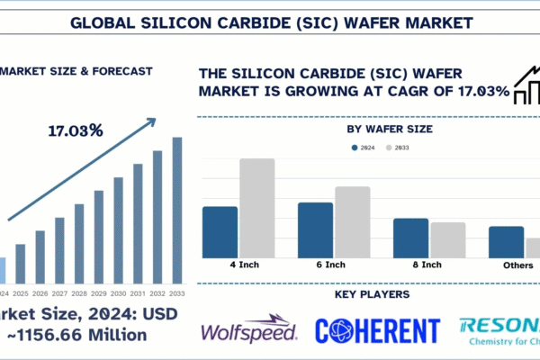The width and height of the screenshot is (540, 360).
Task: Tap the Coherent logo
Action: (378, 330)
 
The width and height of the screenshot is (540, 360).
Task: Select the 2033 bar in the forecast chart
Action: (177, 210)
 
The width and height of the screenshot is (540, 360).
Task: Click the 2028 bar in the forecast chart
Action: (79, 243)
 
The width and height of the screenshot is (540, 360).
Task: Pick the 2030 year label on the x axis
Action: (119, 292)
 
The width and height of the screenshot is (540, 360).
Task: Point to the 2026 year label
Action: (40, 292)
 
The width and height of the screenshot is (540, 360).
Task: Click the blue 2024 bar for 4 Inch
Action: (220, 232)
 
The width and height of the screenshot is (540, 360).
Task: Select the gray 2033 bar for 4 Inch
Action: (256, 208)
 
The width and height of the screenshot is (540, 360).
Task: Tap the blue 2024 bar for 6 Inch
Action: (316, 229)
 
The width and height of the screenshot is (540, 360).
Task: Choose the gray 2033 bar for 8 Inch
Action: (448, 239)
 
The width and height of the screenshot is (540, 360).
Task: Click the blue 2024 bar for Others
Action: (506, 241)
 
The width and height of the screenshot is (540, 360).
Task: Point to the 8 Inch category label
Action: (427, 265)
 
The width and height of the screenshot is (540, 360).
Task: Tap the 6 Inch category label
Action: (330, 265)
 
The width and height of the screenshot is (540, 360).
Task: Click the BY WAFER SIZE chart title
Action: (389, 129)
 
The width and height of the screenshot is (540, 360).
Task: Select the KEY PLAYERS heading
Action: (372, 294)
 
